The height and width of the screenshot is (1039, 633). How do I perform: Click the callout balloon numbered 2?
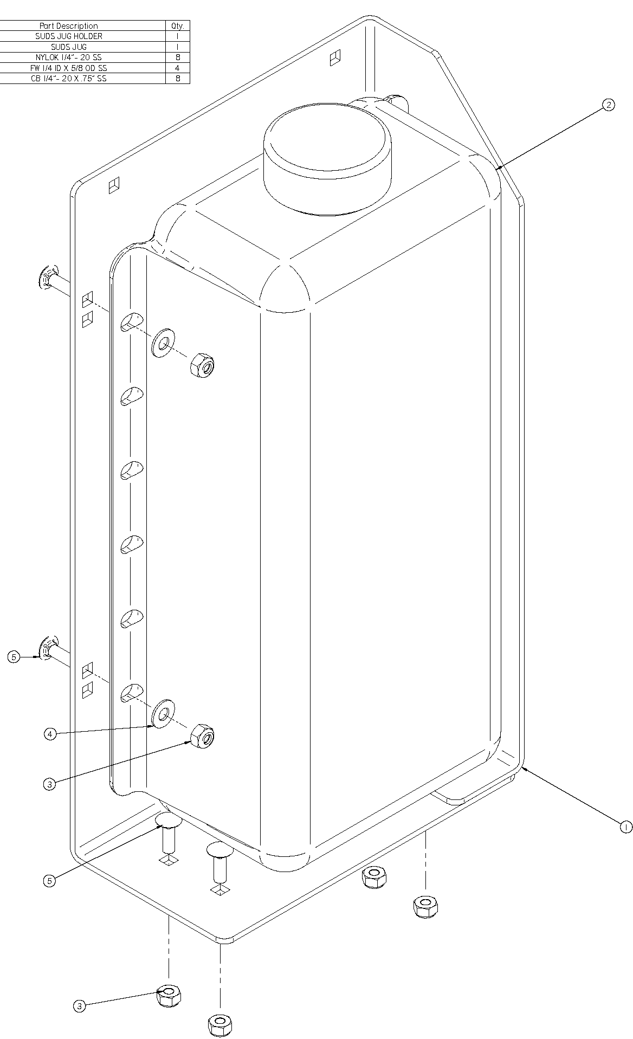[x=609, y=105]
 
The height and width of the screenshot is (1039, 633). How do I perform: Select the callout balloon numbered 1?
[x=625, y=827]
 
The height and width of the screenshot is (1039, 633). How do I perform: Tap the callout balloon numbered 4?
[x=50, y=734]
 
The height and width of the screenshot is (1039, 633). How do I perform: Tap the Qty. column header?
[x=178, y=26]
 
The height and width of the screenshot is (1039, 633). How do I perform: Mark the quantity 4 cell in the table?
[x=178, y=68]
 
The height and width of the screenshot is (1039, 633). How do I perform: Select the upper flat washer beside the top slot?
[x=162, y=342]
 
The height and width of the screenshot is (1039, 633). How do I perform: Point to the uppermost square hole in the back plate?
[x=335, y=57]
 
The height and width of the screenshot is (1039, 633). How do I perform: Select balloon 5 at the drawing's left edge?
[x=14, y=657]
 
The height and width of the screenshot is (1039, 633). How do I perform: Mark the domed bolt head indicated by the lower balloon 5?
[x=169, y=821]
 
